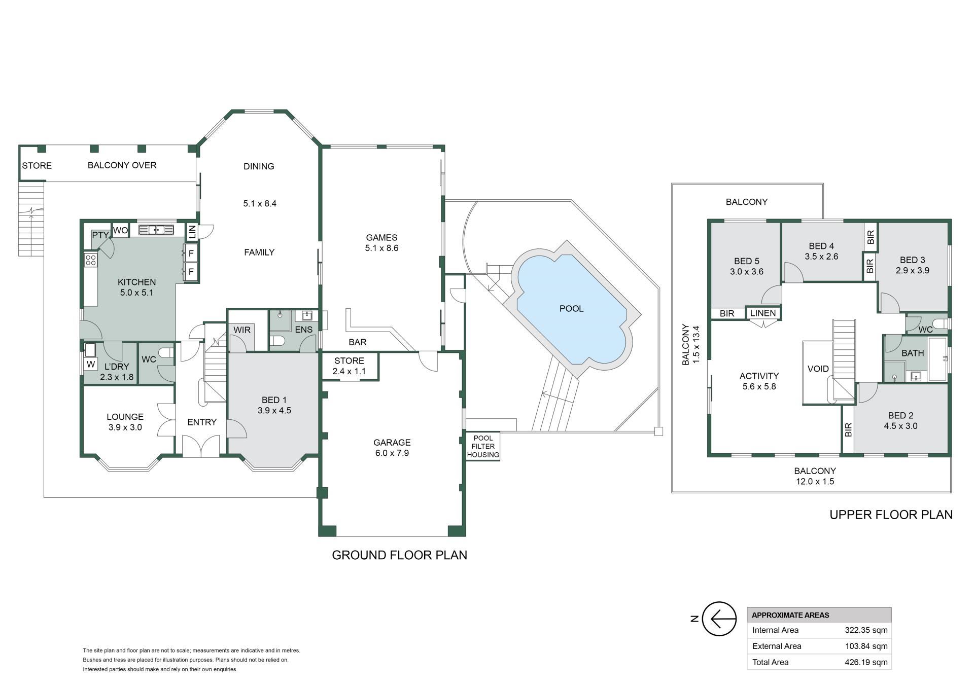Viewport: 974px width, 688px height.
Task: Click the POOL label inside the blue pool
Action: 571,308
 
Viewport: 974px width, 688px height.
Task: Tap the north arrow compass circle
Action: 719,619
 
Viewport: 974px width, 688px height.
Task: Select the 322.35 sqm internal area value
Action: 866,630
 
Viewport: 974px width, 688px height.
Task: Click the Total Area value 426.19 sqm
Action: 866,662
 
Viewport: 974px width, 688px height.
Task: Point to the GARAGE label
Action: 392,442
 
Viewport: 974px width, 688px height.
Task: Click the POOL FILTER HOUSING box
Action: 483,446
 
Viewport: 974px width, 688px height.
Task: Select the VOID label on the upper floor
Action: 818,369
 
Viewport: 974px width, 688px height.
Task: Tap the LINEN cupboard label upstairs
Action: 763,313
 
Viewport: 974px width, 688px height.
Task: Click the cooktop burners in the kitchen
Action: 91,261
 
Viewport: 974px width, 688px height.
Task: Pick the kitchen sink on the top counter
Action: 156,230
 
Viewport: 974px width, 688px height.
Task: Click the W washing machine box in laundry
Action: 91,364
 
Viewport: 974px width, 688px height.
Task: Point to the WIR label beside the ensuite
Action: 242,330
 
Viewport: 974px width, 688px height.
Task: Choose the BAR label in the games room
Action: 357,342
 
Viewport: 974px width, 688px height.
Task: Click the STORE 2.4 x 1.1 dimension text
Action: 349,371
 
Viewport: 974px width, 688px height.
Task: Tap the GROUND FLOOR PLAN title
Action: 399,555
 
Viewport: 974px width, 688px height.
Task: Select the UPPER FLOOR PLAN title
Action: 891,515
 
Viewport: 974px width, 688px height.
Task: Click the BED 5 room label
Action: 746,261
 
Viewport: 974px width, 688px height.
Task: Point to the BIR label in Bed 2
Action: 848,430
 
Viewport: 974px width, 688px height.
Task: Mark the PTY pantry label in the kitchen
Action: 100,235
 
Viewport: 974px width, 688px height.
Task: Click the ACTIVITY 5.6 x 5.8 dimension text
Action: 759,386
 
